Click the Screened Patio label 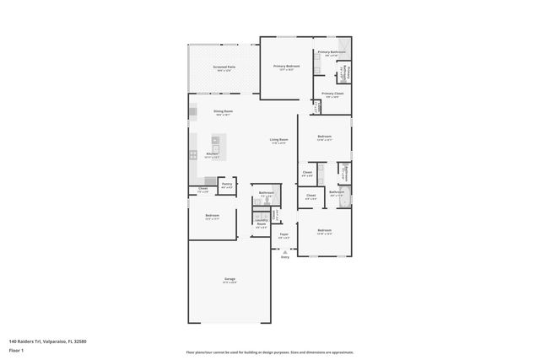point(224,67)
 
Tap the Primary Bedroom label point(286,66)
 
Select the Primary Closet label point(333,94)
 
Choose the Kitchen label point(213,153)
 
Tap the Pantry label point(226,183)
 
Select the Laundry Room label point(261,223)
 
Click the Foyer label point(284,234)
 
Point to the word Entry point(284,257)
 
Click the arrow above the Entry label point(284,251)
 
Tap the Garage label point(229,278)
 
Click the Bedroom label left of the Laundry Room point(212,216)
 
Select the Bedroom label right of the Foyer point(325,230)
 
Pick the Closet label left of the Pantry point(202,189)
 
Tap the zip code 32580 point(79,341)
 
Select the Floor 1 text point(16,350)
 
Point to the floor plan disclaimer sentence point(270,352)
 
